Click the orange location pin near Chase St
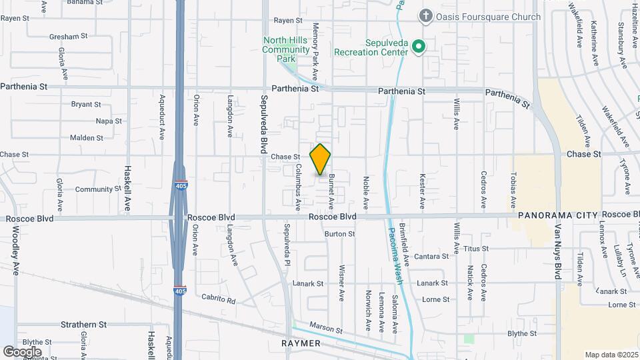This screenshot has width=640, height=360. (x=320, y=159)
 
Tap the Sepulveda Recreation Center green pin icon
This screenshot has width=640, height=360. (x=419, y=46)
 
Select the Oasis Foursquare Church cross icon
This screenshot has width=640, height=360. (x=425, y=15)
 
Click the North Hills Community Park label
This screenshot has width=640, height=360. (x=287, y=49)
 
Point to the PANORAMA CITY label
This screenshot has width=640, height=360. (x=558, y=215)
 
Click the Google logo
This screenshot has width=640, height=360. (x=21, y=351)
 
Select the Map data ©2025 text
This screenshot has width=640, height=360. (x=611, y=355)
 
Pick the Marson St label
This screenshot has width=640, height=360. (x=326, y=330)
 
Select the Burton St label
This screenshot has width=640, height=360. (x=339, y=234)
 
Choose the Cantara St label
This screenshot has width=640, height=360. (x=431, y=256)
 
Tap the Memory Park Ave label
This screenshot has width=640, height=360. (x=315, y=57)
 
